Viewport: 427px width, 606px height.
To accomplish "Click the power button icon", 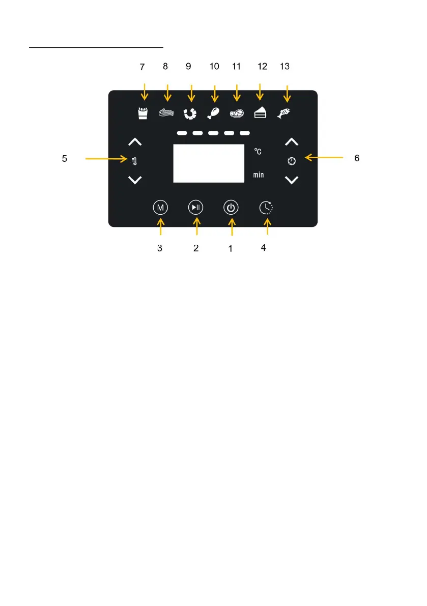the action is (231, 208).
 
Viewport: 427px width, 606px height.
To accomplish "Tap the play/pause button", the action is (196, 208).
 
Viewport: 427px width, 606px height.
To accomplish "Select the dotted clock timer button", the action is (266, 208).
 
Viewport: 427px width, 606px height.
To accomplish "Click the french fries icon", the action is (143, 113).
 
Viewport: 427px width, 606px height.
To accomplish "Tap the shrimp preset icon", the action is (190, 113).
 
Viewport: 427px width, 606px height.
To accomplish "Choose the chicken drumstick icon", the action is (213, 113).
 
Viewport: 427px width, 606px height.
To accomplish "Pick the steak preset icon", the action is (237, 113).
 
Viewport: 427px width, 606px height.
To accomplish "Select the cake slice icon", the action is (260, 113).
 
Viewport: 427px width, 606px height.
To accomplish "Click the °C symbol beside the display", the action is (258, 152).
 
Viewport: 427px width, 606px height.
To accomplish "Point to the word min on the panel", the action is (259, 175).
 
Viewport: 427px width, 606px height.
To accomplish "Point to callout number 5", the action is (64, 159).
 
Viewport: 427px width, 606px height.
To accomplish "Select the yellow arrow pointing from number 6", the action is (322, 158).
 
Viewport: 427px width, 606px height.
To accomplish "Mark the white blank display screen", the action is (209, 163).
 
